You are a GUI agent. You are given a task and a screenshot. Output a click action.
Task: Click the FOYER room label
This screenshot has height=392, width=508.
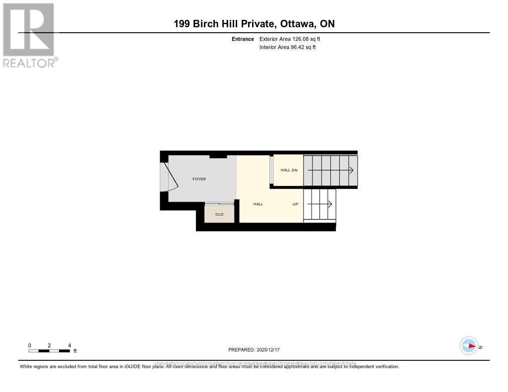(199, 179)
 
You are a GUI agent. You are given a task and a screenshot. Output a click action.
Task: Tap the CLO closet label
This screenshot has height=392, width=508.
(219, 214)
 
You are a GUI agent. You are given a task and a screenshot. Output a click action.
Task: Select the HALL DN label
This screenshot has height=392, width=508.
(289, 170)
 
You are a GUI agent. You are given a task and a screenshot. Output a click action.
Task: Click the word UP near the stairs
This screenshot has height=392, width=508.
(295, 204)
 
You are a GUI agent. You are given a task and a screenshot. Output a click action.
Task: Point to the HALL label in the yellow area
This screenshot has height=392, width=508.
(258, 204)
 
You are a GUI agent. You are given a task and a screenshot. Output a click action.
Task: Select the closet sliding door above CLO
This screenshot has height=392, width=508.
(219, 203)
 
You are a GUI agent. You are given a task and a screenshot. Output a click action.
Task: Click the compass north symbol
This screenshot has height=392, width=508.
(469, 346)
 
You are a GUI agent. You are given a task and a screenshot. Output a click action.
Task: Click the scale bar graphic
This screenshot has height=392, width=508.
(49, 351)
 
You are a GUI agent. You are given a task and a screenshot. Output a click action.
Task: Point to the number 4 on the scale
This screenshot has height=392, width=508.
(69, 345)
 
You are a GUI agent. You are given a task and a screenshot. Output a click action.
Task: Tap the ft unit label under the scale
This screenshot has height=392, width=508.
(75, 351)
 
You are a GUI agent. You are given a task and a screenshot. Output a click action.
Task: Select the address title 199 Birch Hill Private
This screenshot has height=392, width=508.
(254, 24)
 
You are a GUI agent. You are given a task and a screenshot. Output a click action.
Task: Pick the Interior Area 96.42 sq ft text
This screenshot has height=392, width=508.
(287, 48)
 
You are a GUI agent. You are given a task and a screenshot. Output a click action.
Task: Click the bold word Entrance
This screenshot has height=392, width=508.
(243, 39)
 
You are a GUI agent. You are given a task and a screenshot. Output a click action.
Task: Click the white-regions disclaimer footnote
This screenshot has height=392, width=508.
(209, 367)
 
